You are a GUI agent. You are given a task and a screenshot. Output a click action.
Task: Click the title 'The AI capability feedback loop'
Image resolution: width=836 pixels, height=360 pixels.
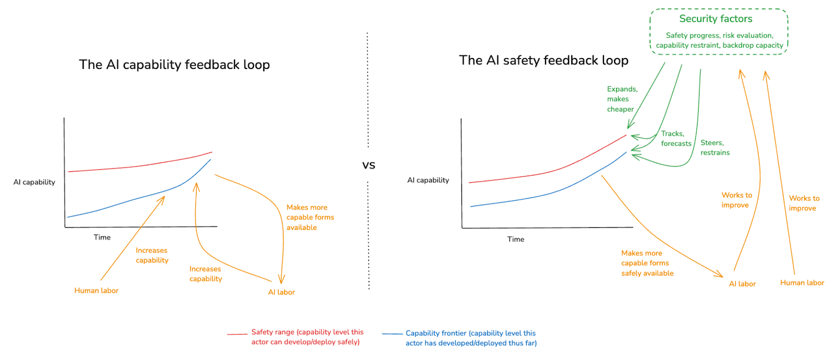(x=174, y=65)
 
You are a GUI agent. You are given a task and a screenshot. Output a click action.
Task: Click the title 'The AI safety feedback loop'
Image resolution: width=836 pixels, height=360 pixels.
(x=543, y=61)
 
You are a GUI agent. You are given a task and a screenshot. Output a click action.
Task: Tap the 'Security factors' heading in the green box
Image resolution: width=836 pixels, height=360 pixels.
(x=715, y=19)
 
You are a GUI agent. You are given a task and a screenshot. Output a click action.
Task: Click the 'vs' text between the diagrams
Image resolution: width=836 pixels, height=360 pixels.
(x=368, y=166)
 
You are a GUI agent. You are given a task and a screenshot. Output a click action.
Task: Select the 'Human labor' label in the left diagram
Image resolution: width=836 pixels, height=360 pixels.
(x=96, y=291)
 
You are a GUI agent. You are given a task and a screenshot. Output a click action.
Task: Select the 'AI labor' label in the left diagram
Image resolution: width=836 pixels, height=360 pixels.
(x=281, y=293)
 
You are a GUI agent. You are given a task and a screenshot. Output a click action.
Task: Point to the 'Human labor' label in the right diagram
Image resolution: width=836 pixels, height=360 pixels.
(x=802, y=283)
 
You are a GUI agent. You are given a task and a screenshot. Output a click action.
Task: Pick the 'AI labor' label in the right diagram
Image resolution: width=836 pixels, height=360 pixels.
(x=742, y=284)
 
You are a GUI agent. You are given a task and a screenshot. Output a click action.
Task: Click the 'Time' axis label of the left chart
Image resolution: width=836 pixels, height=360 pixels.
(x=102, y=238)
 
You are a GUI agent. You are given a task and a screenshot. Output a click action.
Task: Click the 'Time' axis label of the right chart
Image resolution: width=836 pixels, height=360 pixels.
(x=515, y=240)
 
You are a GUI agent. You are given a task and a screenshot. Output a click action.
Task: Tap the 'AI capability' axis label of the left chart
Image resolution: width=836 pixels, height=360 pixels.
(x=34, y=182)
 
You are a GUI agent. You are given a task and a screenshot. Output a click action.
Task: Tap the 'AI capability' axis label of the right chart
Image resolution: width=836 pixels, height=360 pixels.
(x=428, y=180)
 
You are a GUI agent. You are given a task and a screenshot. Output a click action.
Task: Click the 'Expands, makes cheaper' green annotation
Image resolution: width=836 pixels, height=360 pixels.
(x=621, y=99)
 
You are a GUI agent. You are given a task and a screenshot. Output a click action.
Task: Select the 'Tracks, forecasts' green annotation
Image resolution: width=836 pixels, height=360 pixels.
(x=676, y=138)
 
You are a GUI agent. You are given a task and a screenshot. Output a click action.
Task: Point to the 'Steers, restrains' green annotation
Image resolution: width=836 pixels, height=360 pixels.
(x=715, y=148)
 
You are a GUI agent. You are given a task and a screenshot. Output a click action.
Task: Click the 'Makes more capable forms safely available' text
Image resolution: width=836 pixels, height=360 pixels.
(x=647, y=263)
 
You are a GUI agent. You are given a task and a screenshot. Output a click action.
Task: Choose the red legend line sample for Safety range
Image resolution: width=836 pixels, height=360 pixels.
(x=237, y=334)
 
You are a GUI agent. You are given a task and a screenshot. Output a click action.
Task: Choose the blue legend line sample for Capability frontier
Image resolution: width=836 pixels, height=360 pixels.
(x=392, y=334)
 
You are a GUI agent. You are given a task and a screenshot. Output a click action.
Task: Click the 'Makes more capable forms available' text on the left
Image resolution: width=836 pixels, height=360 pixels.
(x=310, y=217)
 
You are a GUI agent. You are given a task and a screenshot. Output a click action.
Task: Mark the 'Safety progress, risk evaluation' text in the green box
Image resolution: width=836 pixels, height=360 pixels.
(x=719, y=36)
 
